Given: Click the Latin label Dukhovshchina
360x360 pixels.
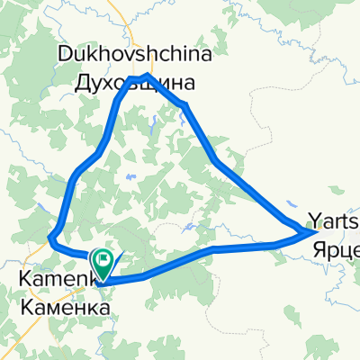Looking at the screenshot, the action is coord(135,55).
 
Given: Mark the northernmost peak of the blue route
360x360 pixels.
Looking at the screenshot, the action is coord(146,75).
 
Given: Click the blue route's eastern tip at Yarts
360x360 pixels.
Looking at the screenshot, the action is coord(314,232).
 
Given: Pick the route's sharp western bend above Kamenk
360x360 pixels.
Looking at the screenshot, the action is coord(50,238).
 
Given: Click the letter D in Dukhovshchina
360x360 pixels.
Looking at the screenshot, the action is coord(65,55).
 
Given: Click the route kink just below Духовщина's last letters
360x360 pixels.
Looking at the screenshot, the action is coord(184,106).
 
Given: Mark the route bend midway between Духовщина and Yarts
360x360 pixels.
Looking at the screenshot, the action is coord(214,162).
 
